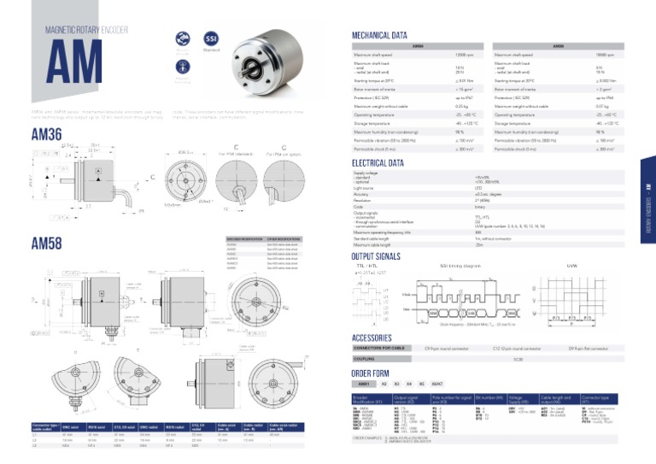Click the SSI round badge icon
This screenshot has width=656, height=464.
click(x=210, y=38)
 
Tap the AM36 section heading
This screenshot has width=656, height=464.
click(x=46, y=134)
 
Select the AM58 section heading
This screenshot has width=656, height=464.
click(x=46, y=244)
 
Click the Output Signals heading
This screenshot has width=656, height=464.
click(x=376, y=255)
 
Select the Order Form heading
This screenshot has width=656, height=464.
click(x=372, y=373)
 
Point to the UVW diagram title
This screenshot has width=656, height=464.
click(x=572, y=266)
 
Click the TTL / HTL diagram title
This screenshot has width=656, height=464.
click(x=366, y=266)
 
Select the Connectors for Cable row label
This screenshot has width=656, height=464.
click(x=382, y=349)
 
